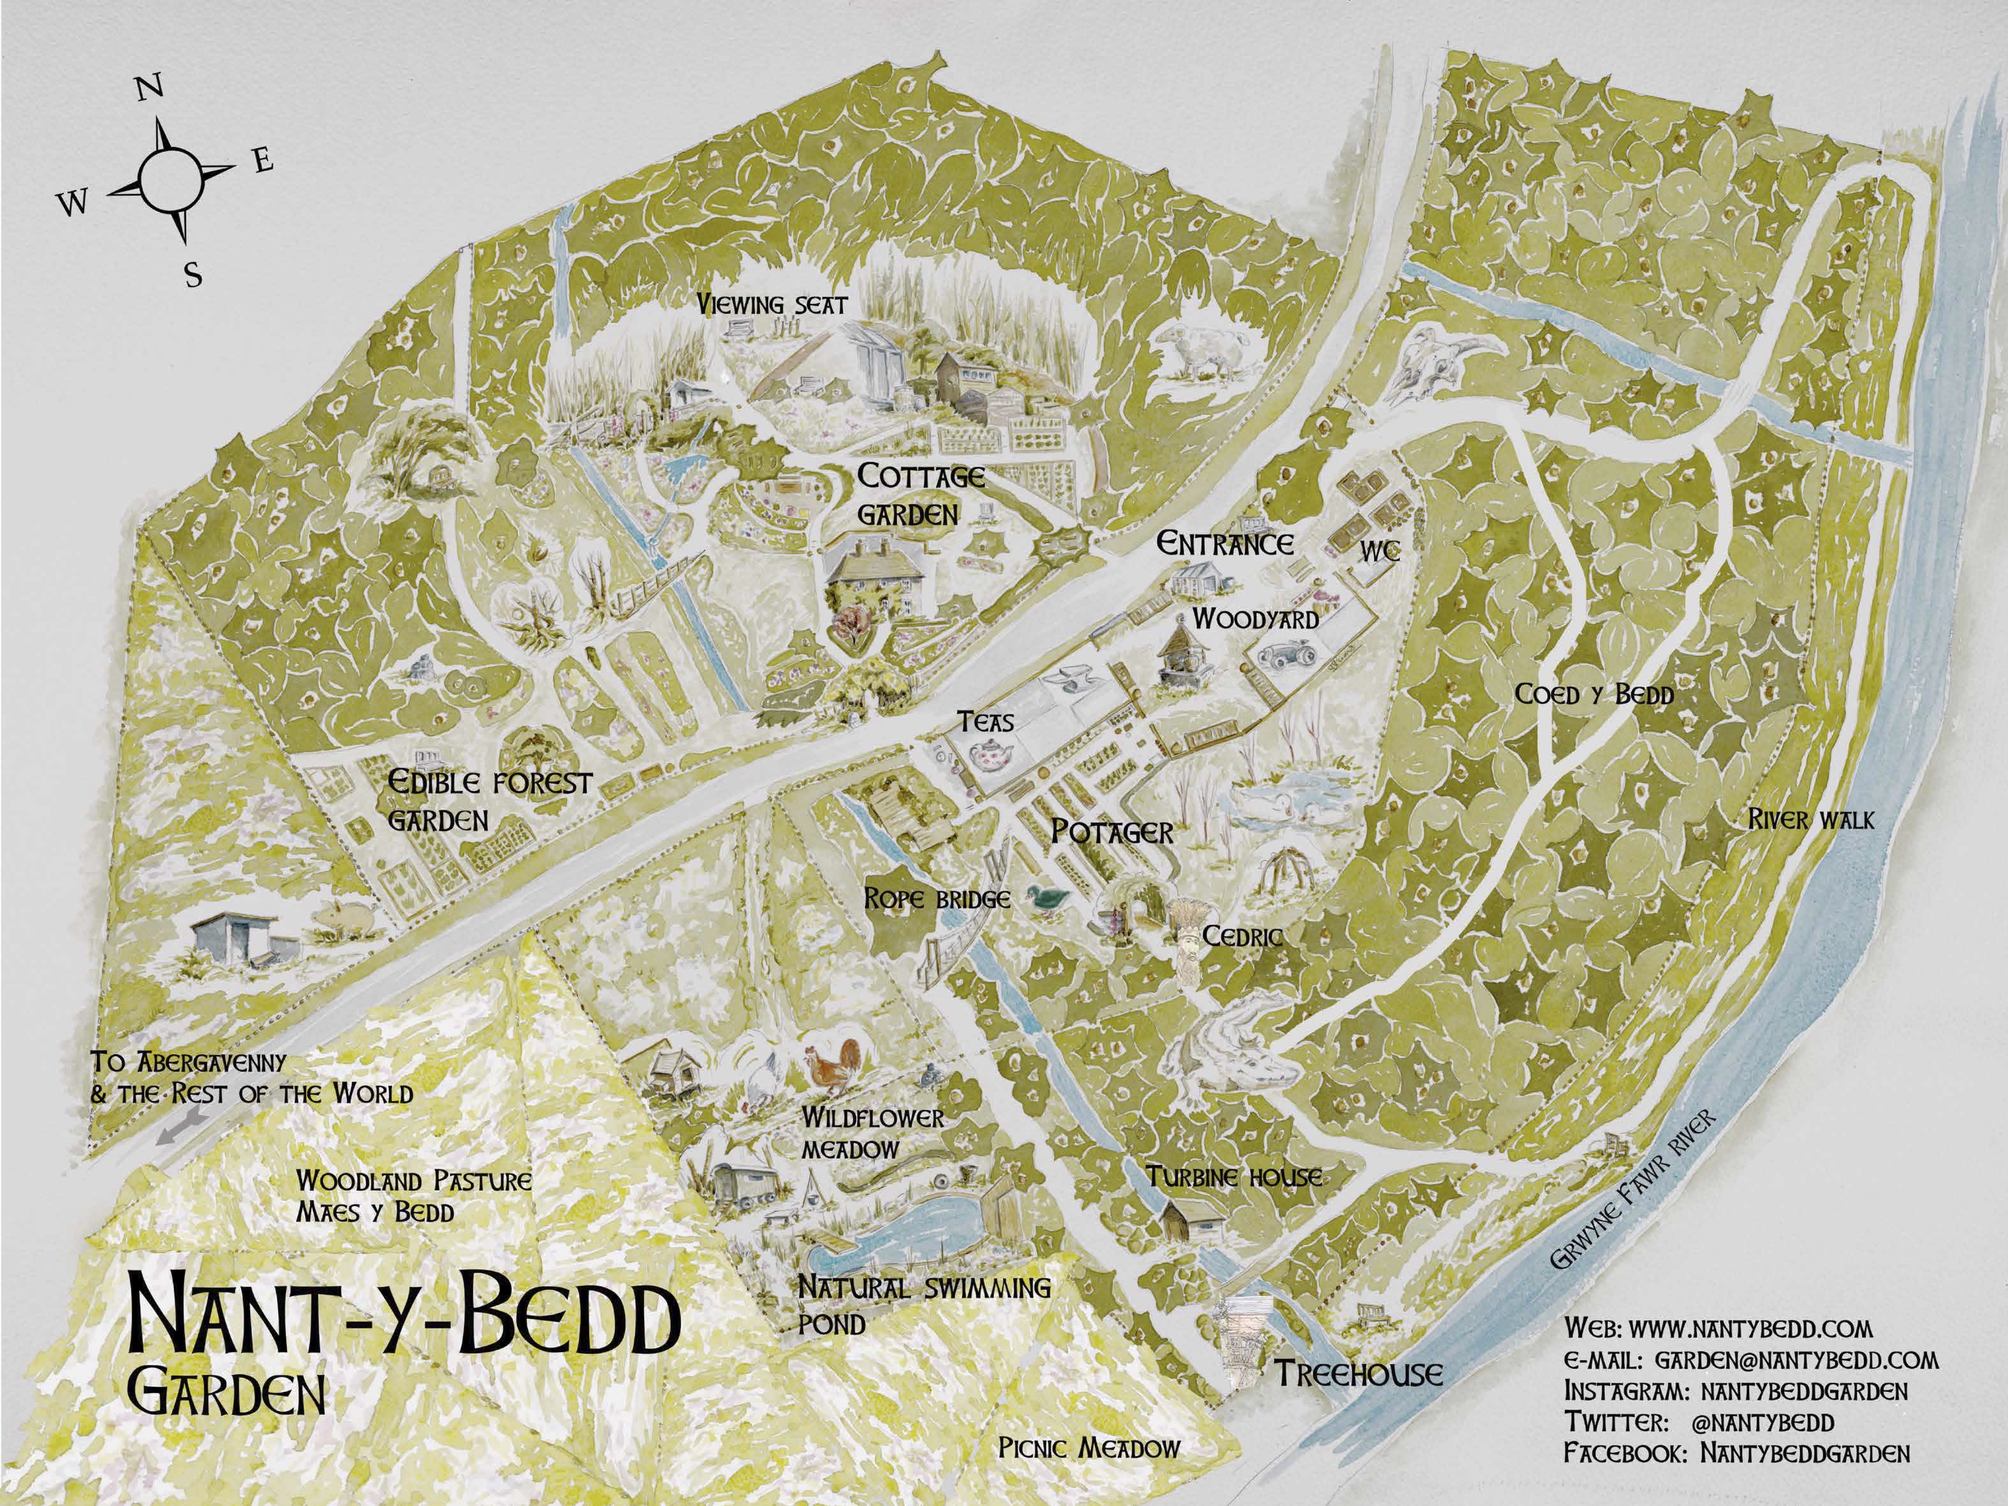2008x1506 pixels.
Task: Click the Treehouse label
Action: (1358, 1373)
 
